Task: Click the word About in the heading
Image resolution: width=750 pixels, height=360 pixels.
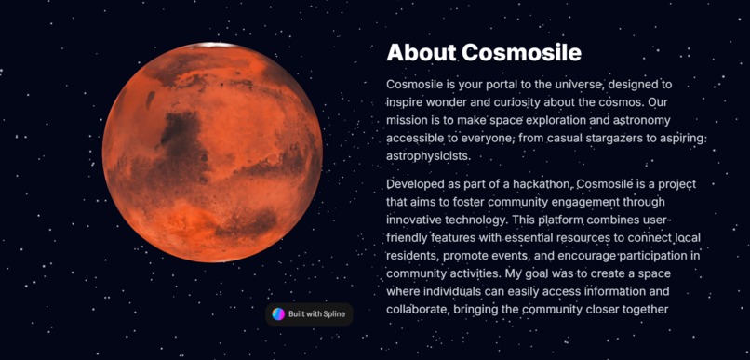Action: click(421, 52)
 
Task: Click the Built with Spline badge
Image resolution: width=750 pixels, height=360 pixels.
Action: click(309, 314)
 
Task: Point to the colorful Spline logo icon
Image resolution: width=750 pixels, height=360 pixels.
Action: click(278, 314)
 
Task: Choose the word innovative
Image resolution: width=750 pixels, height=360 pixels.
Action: click(416, 220)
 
